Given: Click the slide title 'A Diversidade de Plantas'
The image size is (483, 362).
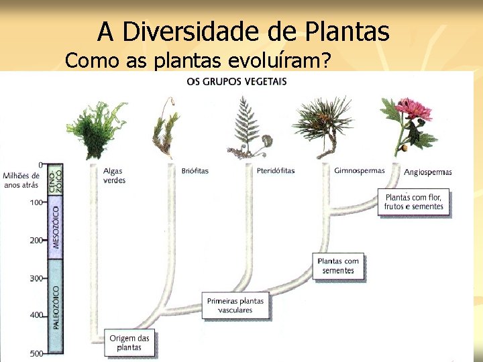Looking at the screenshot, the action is tap(243, 32).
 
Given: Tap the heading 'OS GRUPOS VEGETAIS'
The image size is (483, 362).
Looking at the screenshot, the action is tap(236, 82).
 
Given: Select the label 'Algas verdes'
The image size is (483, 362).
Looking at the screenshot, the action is tap(113, 176).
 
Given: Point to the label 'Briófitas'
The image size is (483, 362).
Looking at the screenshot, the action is tap(195, 171).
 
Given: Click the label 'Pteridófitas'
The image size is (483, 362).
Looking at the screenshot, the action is tap(275, 171).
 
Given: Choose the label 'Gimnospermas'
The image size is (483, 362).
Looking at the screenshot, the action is tap(360, 170).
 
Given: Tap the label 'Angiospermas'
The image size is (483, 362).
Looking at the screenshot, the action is tap(428, 172).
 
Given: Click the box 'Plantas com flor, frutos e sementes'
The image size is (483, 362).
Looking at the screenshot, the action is tap(414, 202).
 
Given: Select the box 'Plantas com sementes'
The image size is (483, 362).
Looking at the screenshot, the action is tap(338, 266).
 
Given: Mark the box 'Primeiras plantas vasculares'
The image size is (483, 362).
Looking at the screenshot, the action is tap(235, 306).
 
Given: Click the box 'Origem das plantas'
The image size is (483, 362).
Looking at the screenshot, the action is tap(129, 343).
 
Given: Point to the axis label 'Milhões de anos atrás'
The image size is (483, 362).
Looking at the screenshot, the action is tap(21, 180).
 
